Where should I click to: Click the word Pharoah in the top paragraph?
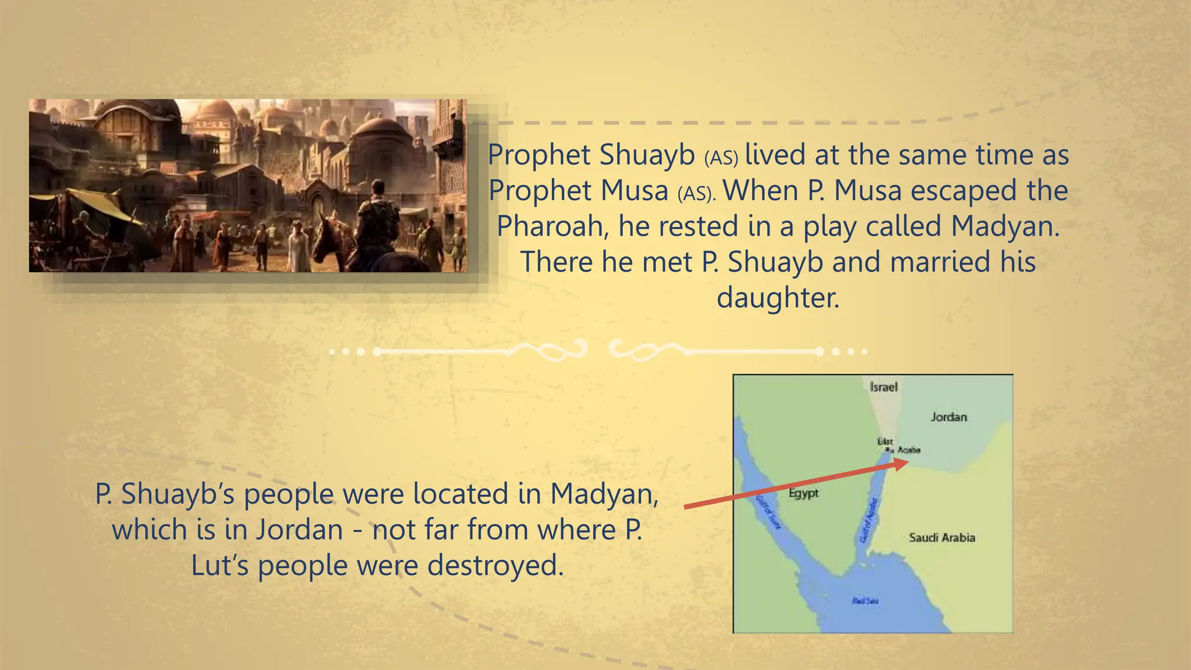click(552, 226)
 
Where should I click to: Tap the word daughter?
click(778, 298)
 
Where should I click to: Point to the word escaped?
click(964, 191)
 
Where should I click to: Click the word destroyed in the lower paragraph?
click(495, 565)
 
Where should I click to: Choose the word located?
click(461, 494)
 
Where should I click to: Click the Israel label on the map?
click(883, 387)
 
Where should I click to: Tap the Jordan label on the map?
click(948, 417)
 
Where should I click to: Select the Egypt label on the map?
click(804, 493)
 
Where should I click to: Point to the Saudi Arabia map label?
click(942, 537)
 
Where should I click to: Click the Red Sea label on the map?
click(865, 601)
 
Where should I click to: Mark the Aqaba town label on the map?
click(909, 450)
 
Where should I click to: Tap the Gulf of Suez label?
click(768, 512)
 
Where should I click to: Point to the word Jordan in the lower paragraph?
click(300, 530)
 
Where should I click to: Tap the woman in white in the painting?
click(299, 247)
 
